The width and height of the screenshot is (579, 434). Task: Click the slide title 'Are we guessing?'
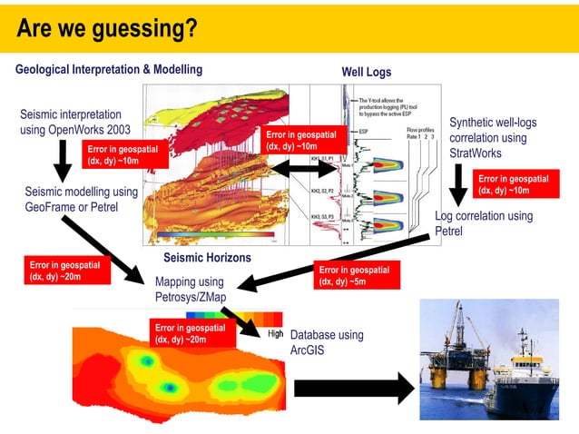click(x=107, y=29)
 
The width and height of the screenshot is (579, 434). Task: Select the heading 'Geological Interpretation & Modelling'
click(x=109, y=70)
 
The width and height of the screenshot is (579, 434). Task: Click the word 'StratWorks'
click(x=476, y=153)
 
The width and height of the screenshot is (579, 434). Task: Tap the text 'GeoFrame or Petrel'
click(x=71, y=207)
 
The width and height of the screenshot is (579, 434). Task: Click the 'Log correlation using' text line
click(x=484, y=216)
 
